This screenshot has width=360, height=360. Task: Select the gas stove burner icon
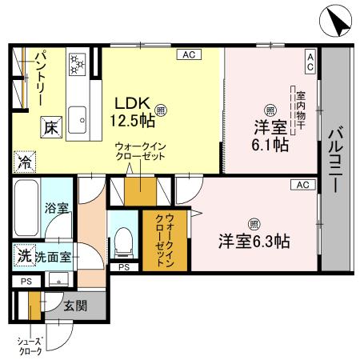click(x=78, y=62)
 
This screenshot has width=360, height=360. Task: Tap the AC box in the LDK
click(x=189, y=54)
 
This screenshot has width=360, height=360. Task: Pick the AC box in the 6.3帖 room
click(x=303, y=185)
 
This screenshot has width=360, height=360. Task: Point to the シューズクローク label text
click(x=31, y=346)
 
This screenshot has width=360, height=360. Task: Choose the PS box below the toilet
click(x=123, y=266)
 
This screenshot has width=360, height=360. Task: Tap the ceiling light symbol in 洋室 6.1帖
click(x=270, y=110)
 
